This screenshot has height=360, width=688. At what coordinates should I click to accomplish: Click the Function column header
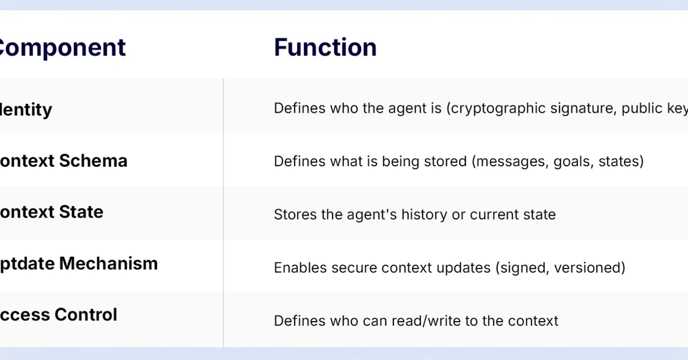pyautogui.click(x=325, y=48)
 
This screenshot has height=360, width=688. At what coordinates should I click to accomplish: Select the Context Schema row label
pyautogui.click(x=63, y=161)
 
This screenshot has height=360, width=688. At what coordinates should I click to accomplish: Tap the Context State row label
pyautogui.click(x=52, y=212)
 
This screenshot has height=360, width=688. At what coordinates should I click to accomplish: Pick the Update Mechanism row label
pyautogui.click(x=79, y=264)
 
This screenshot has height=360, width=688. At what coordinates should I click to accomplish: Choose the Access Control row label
pyautogui.click(x=58, y=315)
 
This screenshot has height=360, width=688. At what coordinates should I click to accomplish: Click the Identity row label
pyautogui.click(x=26, y=109)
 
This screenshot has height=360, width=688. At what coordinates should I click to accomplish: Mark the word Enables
pyautogui.click(x=298, y=268)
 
